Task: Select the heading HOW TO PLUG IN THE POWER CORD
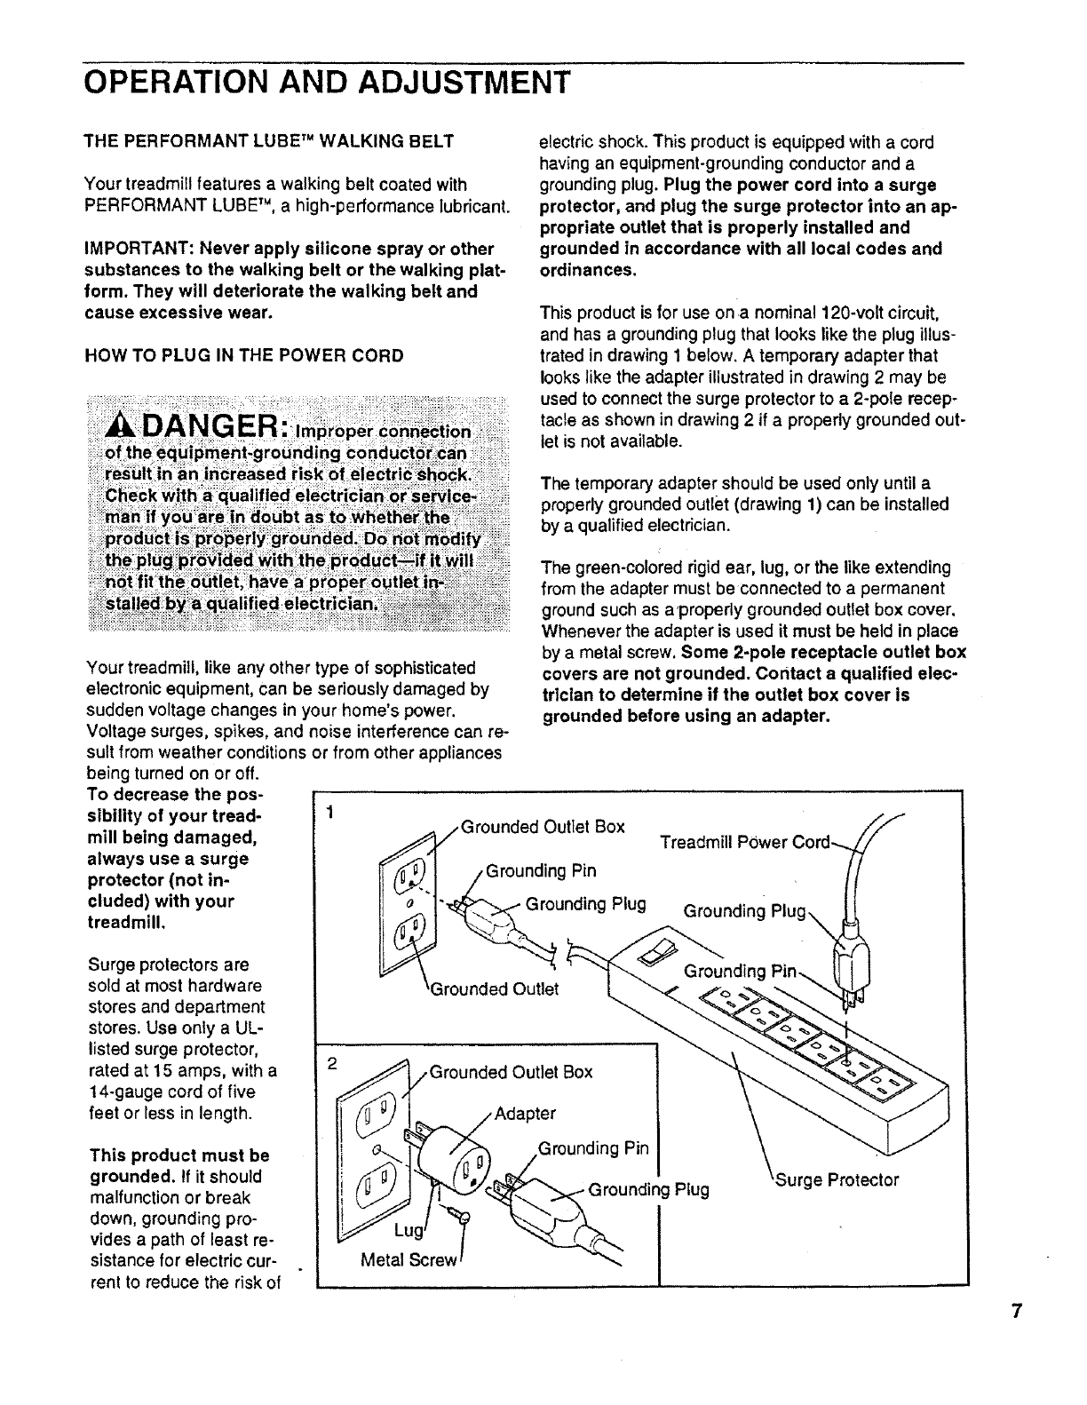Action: pyautogui.click(x=243, y=356)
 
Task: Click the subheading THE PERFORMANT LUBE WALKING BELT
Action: pyautogui.click(x=269, y=141)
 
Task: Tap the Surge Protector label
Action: pyautogui.click(x=837, y=1180)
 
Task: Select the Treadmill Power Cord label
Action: pyautogui.click(x=744, y=842)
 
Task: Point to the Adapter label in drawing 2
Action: pyautogui.click(x=525, y=1114)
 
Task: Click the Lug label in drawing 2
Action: pyautogui.click(x=404, y=1230)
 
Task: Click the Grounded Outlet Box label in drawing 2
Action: pyautogui.click(x=511, y=1071)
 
